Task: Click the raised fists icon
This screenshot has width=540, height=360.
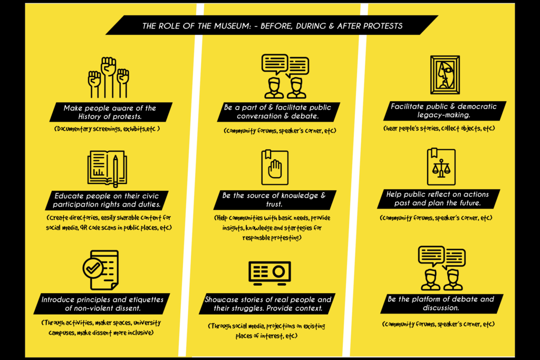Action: (109, 77)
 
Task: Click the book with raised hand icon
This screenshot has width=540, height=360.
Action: (275, 167)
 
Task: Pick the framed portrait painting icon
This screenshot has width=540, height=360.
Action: (445, 75)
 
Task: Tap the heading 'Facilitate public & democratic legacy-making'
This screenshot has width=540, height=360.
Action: (443, 110)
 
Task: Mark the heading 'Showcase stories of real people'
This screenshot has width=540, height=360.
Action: (269, 304)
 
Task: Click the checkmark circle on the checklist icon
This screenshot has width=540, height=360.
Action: (93, 268)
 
